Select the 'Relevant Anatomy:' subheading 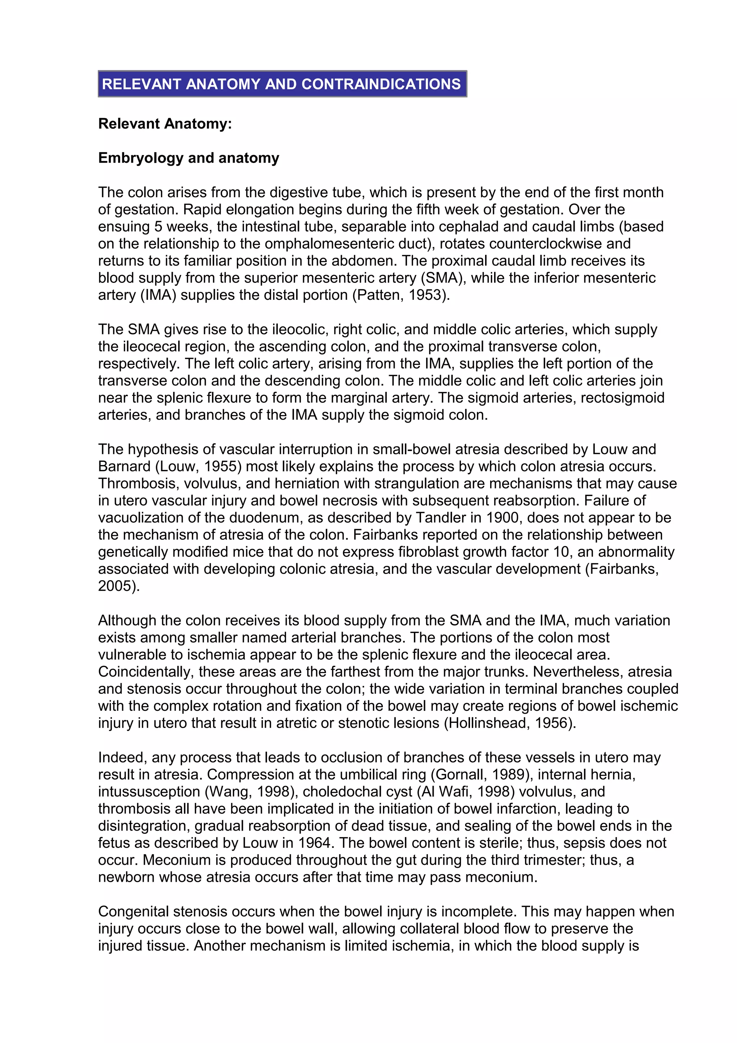[165, 123]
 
